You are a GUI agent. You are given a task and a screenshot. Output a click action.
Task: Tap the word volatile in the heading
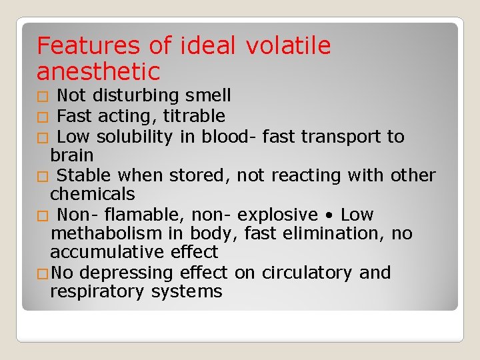[288, 46]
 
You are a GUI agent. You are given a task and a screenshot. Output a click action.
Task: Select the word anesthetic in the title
[99, 71]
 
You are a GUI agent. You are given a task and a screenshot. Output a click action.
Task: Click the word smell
[209, 96]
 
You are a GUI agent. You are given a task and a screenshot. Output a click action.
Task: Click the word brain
[72, 155]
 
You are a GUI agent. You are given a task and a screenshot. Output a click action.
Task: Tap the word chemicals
[93, 195]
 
